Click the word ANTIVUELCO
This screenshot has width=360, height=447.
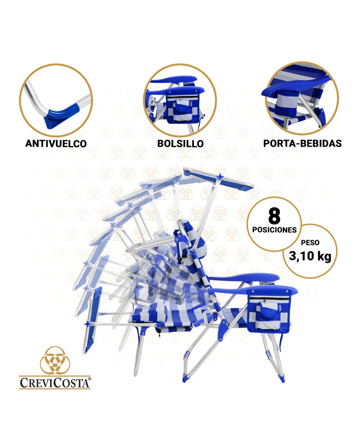(x=56, y=143)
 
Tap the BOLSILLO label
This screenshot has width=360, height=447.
(x=180, y=143)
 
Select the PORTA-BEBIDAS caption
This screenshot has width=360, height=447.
(x=302, y=143)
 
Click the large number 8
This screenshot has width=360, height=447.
(x=274, y=216)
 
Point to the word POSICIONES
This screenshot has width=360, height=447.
(x=274, y=230)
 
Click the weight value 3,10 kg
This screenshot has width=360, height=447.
(x=310, y=256)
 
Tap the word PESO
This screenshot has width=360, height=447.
(x=310, y=243)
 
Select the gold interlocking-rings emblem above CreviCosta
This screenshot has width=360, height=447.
(x=55, y=360)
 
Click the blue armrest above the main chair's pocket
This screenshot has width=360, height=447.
(x=272, y=291)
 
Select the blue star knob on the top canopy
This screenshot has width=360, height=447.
(x=220, y=177)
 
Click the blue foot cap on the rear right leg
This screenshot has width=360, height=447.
(x=282, y=379)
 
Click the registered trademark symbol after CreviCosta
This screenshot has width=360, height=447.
(x=90, y=379)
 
